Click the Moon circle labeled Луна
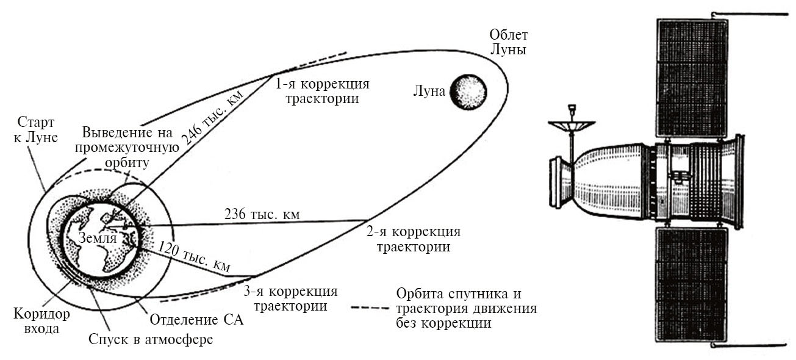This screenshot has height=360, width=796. pyautogui.click(x=468, y=92)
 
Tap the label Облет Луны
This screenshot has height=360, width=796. pyautogui.click(x=508, y=42)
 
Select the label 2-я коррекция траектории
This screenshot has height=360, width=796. pyautogui.click(x=413, y=240)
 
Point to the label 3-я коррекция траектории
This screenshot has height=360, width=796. pyautogui.click(x=290, y=298)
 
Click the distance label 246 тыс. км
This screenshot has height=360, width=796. pyautogui.click(x=211, y=116)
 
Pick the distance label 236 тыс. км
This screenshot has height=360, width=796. pyautogui.click(x=263, y=215)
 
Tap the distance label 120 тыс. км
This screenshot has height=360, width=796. pyautogui.click(x=194, y=257)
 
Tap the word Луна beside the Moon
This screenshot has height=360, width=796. pyautogui.click(x=428, y=92)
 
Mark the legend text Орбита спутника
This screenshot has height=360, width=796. pyautogui.click(x=458, y=294)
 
